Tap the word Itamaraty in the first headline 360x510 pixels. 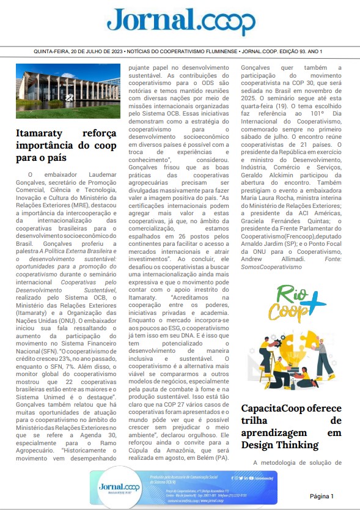pyautogui.click(x=42, y=134)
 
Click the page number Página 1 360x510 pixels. pyautogui.click(x=322, y=495)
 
